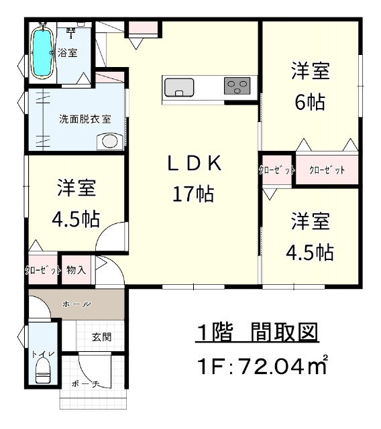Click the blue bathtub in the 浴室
click(x=42, y=53)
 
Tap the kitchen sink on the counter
click(x=179, y=88)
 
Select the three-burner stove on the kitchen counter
click(x=237, y=86)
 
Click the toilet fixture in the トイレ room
click(x=43, y=370)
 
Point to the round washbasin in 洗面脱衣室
click(x=109, y=141)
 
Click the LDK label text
click(x=194, y=164)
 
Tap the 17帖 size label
click(x=193, y=194)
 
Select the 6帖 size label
click(x=310, y=101)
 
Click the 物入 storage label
click(x=76, y=269)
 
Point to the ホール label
click(x=76, y=304)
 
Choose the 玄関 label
click(x=101, y=336)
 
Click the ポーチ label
click(x=85, y=384)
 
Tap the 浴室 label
click(x=67, y=52)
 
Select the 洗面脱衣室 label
click(x=85, y=119)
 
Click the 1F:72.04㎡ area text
click(x=262, y=366)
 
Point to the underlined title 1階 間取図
click(x=258, y=332)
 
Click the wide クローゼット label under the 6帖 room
click(x=327, y=170)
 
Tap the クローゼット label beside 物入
click(x=43, y=270)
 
